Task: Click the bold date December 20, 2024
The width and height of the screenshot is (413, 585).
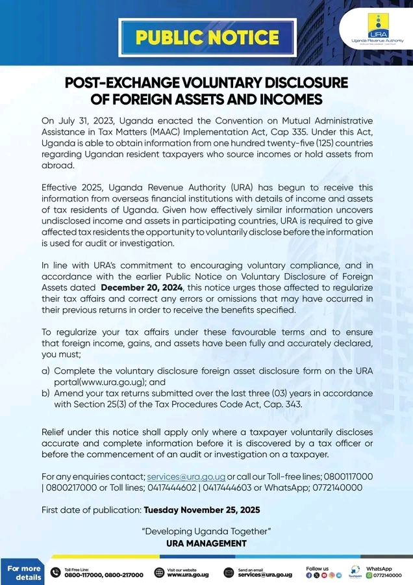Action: click(143, 287)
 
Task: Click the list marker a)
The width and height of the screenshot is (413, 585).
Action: click(45, 370)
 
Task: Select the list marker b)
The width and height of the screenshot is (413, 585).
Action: click(45, 393)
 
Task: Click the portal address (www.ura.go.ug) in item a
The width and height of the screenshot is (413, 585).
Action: click(98, 382)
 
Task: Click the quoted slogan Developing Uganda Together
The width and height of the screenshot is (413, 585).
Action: click(206, 532)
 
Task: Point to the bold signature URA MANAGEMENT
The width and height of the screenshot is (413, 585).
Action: click(206, 543)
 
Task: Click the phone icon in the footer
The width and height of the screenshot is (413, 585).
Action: click(55, 573)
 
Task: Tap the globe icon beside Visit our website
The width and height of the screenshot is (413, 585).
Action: click(159, 573)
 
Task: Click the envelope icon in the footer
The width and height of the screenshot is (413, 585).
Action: click(228, 573)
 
